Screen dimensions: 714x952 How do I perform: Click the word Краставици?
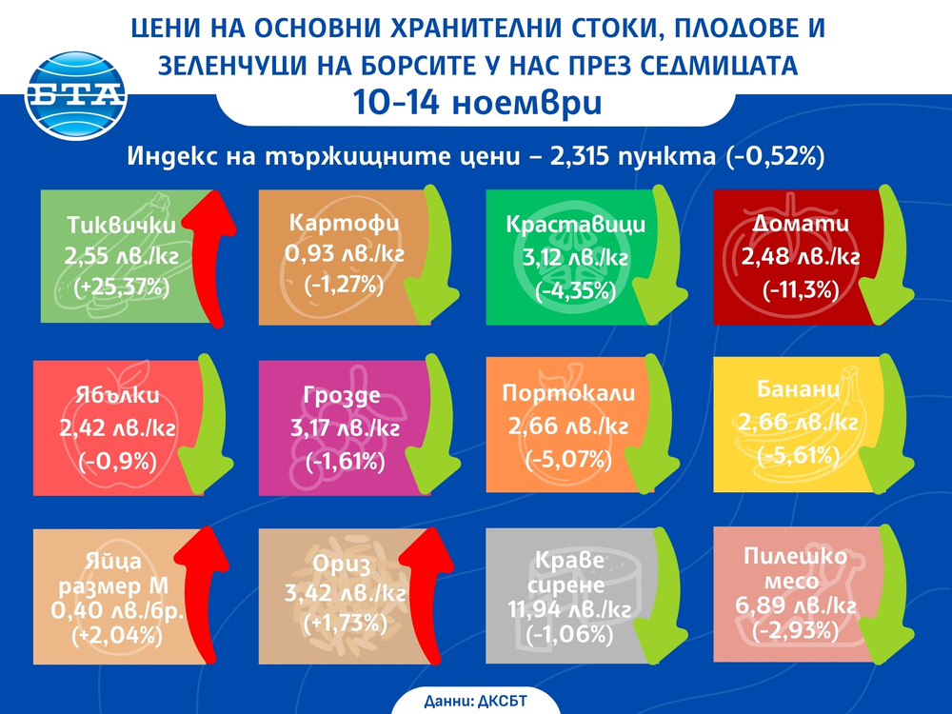pos(576,226)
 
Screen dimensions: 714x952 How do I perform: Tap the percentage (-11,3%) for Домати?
pos(794,287)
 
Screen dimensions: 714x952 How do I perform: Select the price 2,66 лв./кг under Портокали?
pos(569,426)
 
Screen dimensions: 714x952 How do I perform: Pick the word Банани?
pos(796,389)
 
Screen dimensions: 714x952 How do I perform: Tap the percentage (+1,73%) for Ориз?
pos(345,625)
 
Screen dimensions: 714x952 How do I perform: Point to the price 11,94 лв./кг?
pos(569,607)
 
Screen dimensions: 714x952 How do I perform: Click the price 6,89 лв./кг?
pos(795,606)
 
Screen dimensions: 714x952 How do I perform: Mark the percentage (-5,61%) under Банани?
pos(796,456)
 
